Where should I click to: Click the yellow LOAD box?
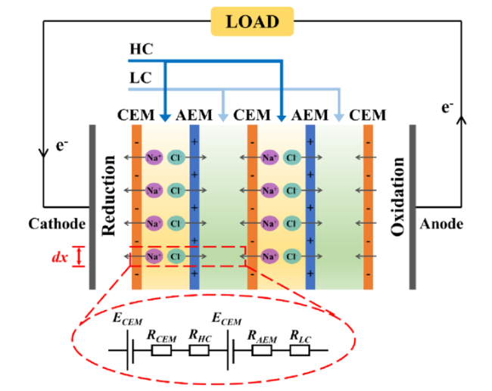pos(252,21)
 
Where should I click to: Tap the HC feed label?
pos(142,49)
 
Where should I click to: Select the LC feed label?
pos(141,78)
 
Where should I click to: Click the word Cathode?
pos(57,224)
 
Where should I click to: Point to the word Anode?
pos(441,224)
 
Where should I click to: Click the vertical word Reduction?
pos(108,195)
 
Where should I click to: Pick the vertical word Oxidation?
pos(397,197)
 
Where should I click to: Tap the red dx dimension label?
pos(60,257)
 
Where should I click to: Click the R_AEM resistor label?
pos(262,337)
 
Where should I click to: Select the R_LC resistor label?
pos(300,337)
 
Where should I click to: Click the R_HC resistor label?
pos(200,337)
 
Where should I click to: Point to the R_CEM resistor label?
pos(161,337)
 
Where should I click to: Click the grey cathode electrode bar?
pos(92,207)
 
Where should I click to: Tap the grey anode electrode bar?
pos(413,207)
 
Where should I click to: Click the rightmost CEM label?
pos(367,115)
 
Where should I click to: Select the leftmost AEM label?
pos(194,115)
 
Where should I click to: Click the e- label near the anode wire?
pos(447,107)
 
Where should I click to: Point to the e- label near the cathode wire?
pos(62,145)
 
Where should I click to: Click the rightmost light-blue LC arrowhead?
pos(339,117)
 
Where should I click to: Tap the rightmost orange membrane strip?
pos(368,207)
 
